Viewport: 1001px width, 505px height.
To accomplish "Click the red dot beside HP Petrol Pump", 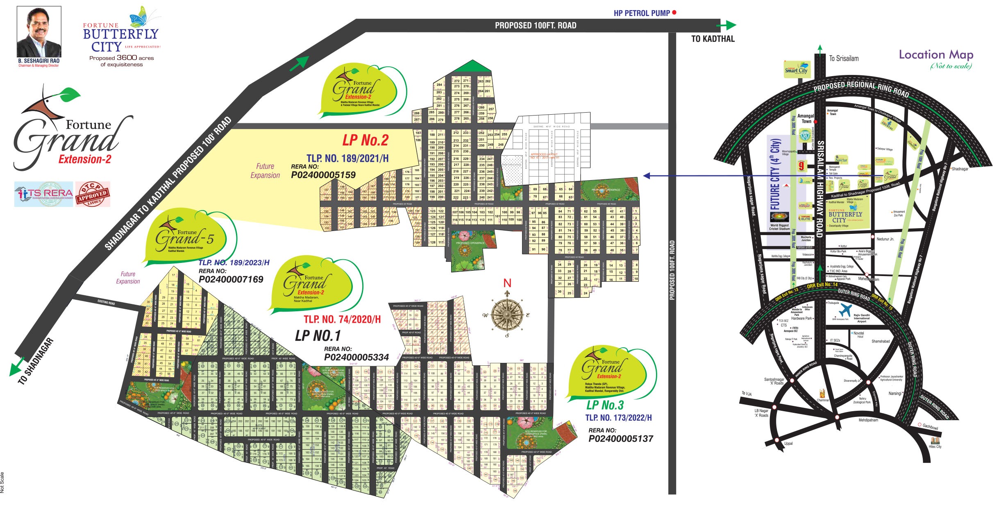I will [x=674, y=13].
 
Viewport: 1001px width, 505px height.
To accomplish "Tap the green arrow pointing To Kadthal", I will [x=727, y=25].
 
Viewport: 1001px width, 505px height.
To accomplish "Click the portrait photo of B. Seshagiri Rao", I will [x=39, y=32].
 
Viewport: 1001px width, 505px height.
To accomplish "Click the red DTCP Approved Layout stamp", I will [x=93, y=194].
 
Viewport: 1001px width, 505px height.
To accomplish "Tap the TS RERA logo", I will [x=43, y=194].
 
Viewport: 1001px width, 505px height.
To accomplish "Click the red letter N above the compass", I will [x=507, y=283].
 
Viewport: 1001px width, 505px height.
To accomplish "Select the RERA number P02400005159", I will [x=323, y=175].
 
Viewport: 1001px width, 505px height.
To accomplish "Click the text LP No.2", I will [x=365, y=140].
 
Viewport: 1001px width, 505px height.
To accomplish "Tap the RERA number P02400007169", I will [x=231, y=279].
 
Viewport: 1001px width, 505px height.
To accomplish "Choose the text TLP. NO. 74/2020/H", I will [x=342, y=319].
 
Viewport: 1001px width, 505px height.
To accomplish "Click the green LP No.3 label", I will [x=605, y=405].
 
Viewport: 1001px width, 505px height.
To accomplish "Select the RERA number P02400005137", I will [x=621, y=439].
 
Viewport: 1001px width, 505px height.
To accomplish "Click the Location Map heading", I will [x=936, y=55].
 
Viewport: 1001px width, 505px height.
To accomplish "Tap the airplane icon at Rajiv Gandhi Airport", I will [x=845, y=310].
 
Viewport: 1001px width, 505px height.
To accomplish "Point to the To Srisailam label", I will [x=844, y=59].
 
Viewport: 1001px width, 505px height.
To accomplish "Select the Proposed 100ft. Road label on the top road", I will [x=536, y=25].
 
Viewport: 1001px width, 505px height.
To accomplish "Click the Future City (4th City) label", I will [x=775, y=174].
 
